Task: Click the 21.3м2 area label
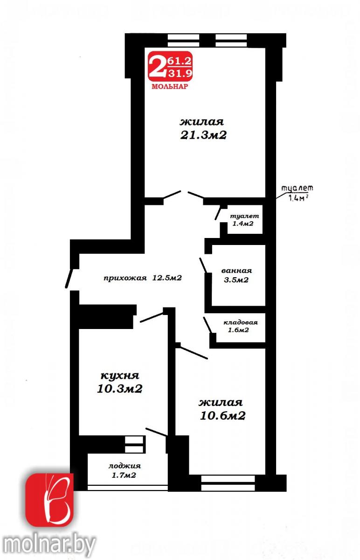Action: pos(203,135)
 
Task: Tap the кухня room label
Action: pos(120,376)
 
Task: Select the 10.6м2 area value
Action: pos(222,416)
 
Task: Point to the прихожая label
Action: pos(125,278)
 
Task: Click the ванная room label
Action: pos(236,271)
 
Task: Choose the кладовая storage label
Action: pos(240,322)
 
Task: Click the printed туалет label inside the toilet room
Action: pos(244,216)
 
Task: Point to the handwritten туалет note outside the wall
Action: pos(297,188)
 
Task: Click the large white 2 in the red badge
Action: pos(157,66)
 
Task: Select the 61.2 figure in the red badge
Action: pos(179,61)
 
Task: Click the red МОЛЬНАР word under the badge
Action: pos(170,86)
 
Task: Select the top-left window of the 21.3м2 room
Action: pos(183,41)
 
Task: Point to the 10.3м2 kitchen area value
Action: pos(120,389)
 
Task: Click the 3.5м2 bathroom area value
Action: pos(236,280)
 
